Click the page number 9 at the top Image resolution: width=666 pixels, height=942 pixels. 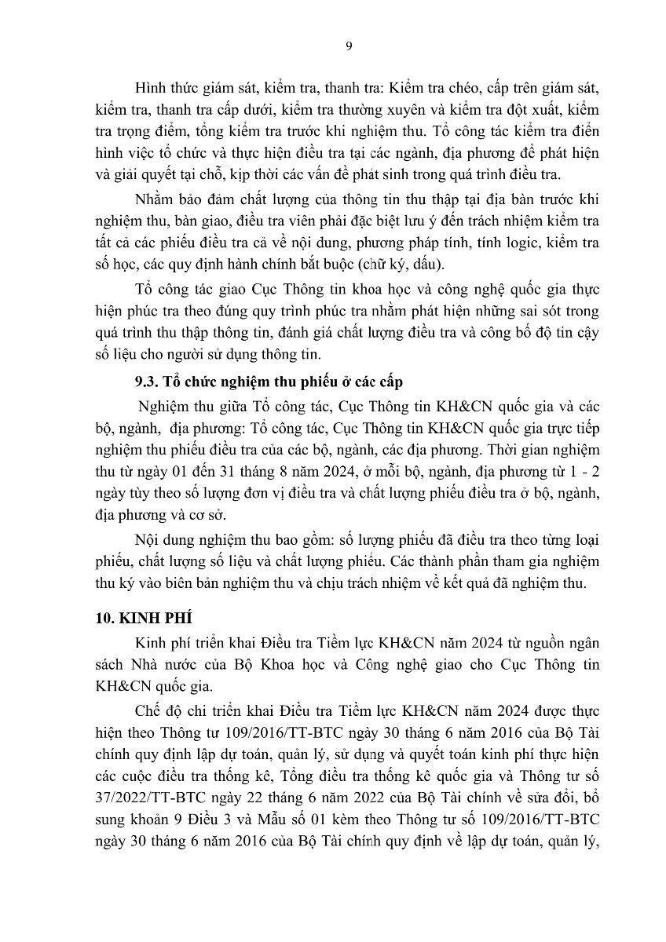pyautogui.click(x=349, y=46)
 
